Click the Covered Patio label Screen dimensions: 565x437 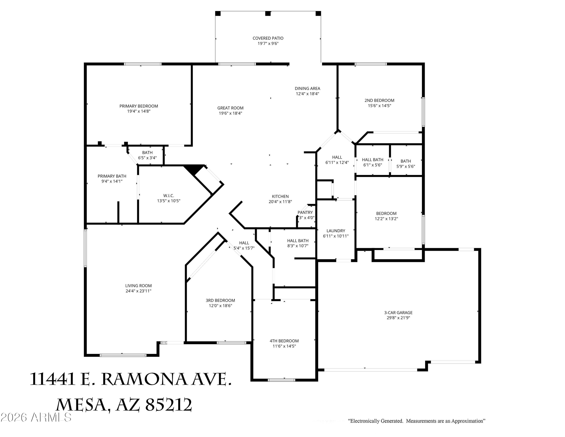(268, 38)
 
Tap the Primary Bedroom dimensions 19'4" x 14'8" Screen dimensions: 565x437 (139, 111)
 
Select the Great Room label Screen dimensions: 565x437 (230, 108)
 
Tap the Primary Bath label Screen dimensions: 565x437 (112, 176)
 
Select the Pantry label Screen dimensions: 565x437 (305, 212)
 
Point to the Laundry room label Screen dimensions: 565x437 (336, 231)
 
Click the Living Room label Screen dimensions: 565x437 (138, 286)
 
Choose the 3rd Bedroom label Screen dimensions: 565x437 (220, 300)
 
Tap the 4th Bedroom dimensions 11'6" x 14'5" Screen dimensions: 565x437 (284, 346)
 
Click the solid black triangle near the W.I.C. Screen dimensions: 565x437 (194, 169)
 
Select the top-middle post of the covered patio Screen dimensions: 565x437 (268, 13)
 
